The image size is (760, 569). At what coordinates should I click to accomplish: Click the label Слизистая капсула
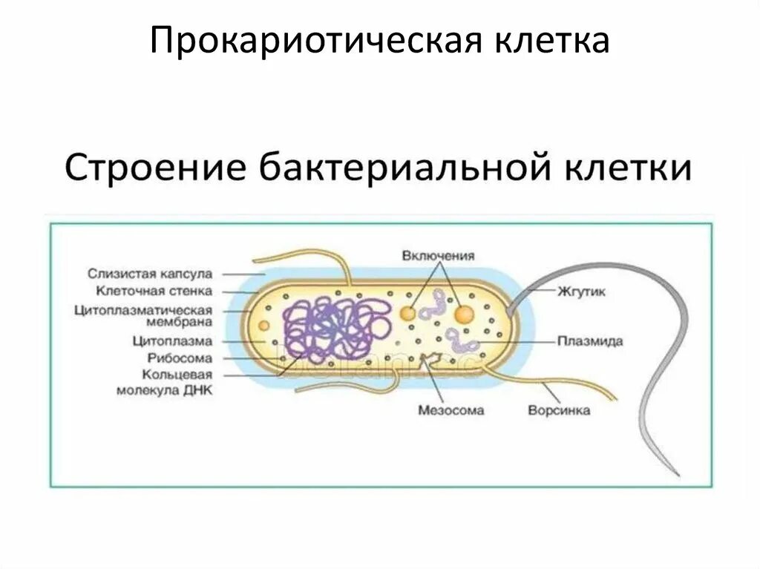click(x=149, y=274)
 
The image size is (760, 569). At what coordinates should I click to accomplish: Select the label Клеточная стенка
click(x=154, y=292)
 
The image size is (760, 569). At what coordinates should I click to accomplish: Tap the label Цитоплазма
click(x=172, y=341)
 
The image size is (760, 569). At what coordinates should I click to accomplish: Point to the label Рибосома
click(x=178, y=358)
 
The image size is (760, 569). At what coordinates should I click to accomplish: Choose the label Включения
click(x=438, y=256)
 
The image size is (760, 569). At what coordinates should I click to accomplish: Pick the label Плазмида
click(x=590, y=342)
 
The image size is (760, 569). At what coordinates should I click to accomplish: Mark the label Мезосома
click(x=451, y=410)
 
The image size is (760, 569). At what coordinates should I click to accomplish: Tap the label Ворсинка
click(x=559, y=410)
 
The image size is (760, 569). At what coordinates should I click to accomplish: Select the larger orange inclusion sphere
click(x=465, y=315)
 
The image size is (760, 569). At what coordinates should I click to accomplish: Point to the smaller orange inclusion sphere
click(x=407, y=314)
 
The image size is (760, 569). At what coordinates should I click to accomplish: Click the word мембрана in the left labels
click(x=179, y=323)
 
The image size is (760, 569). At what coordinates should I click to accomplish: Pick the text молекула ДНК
click(x=164, y=390)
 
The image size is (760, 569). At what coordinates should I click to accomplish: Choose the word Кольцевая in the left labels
click(x=179, y=374)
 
